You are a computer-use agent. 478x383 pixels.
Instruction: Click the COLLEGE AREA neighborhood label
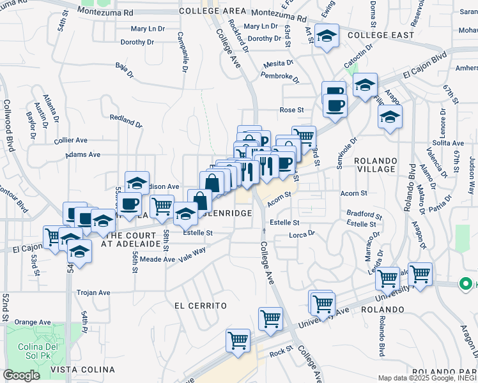[212, 11]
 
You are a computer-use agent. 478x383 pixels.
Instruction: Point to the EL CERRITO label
[201, 306]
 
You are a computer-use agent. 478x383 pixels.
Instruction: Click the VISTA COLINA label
[83, 370]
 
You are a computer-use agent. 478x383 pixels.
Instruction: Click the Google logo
[21, 376]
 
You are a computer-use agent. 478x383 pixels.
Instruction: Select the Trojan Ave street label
[94, 293]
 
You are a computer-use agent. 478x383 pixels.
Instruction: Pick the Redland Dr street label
[125, 119]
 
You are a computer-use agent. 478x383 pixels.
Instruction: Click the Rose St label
[291, 110]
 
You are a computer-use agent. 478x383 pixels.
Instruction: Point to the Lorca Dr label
[302, 234]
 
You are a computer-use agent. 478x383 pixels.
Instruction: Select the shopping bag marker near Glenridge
[200, 200]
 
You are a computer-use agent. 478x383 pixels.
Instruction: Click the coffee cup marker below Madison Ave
[130, 204]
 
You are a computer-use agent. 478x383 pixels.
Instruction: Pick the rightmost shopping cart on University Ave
[420, 274]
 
